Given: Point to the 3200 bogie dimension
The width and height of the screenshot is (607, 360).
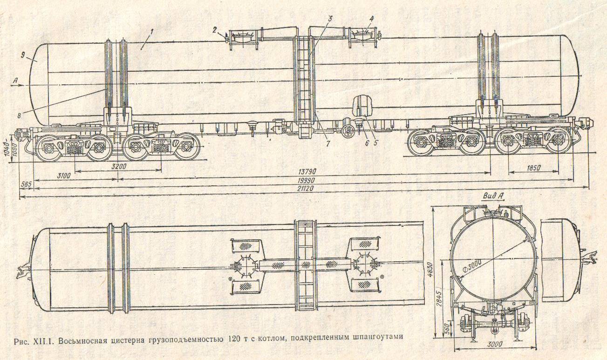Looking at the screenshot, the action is pos(119,167).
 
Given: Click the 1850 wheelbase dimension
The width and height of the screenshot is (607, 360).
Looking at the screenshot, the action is pos(533,168).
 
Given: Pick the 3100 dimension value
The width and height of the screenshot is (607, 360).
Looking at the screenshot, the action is pos(64,176).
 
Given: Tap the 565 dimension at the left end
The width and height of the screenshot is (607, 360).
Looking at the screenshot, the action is pos(27,184).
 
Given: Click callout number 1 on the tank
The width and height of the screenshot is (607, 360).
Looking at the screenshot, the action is pos(152,32).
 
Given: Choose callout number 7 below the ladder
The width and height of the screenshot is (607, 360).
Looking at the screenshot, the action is pos(328,143).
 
